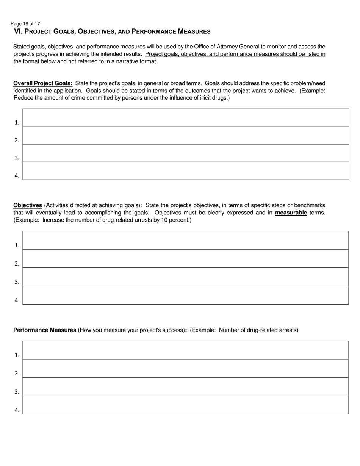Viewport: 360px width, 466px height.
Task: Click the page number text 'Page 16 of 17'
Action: coord(25,23)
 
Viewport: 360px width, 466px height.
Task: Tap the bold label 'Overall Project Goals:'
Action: coord(43,83)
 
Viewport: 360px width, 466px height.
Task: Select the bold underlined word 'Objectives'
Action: coord(28,205)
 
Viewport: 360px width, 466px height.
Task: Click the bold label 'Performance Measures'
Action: coord(45,330)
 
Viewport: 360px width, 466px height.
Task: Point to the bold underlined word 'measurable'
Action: coord(291,213)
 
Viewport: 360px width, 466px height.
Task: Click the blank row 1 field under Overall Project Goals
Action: coord(186,118)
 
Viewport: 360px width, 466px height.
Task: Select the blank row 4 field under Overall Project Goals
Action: coord(186,171)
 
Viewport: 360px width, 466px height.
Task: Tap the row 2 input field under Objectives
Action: coord(186,259)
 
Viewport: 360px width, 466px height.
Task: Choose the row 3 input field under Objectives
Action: coord(186,277)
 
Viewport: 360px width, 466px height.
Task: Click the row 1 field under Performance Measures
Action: coord(186,350)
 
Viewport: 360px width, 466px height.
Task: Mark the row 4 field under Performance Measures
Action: coord(186,405)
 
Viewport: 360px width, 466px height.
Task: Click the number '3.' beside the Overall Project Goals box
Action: coord(17,158)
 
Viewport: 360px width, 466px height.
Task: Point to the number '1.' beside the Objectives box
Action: coord(17,246)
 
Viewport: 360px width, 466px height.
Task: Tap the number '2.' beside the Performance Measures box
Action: coord(17,374)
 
